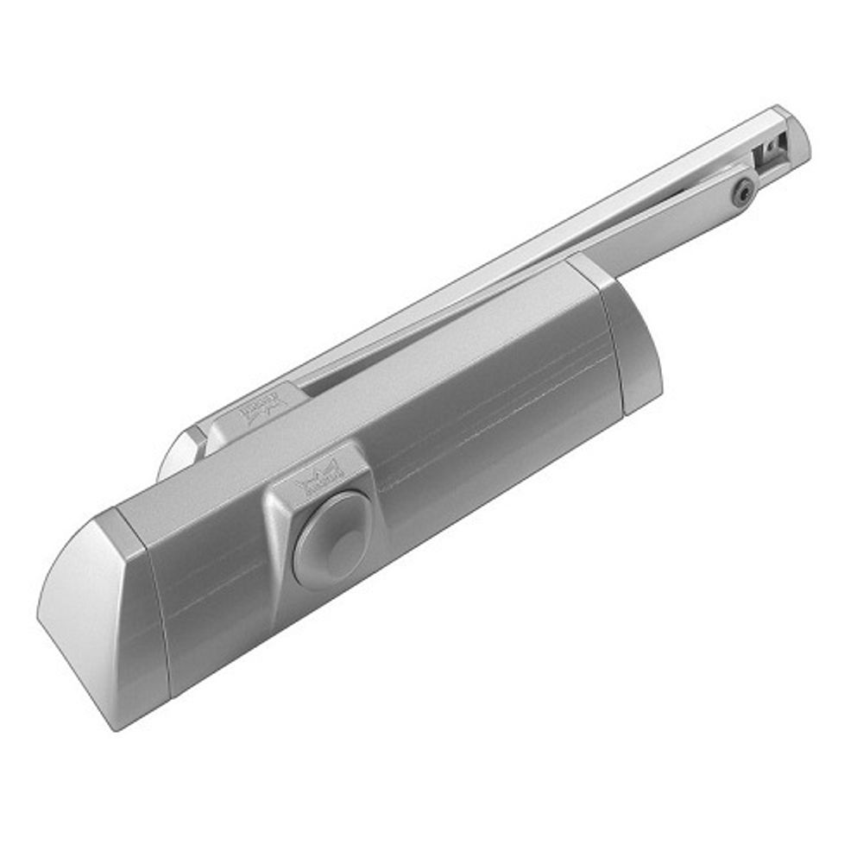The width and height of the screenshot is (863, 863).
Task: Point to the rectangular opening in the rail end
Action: tap(767, 155)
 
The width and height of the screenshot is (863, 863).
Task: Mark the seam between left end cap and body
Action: tap(154, 604)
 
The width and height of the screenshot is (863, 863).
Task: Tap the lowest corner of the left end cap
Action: tap(117, 728)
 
